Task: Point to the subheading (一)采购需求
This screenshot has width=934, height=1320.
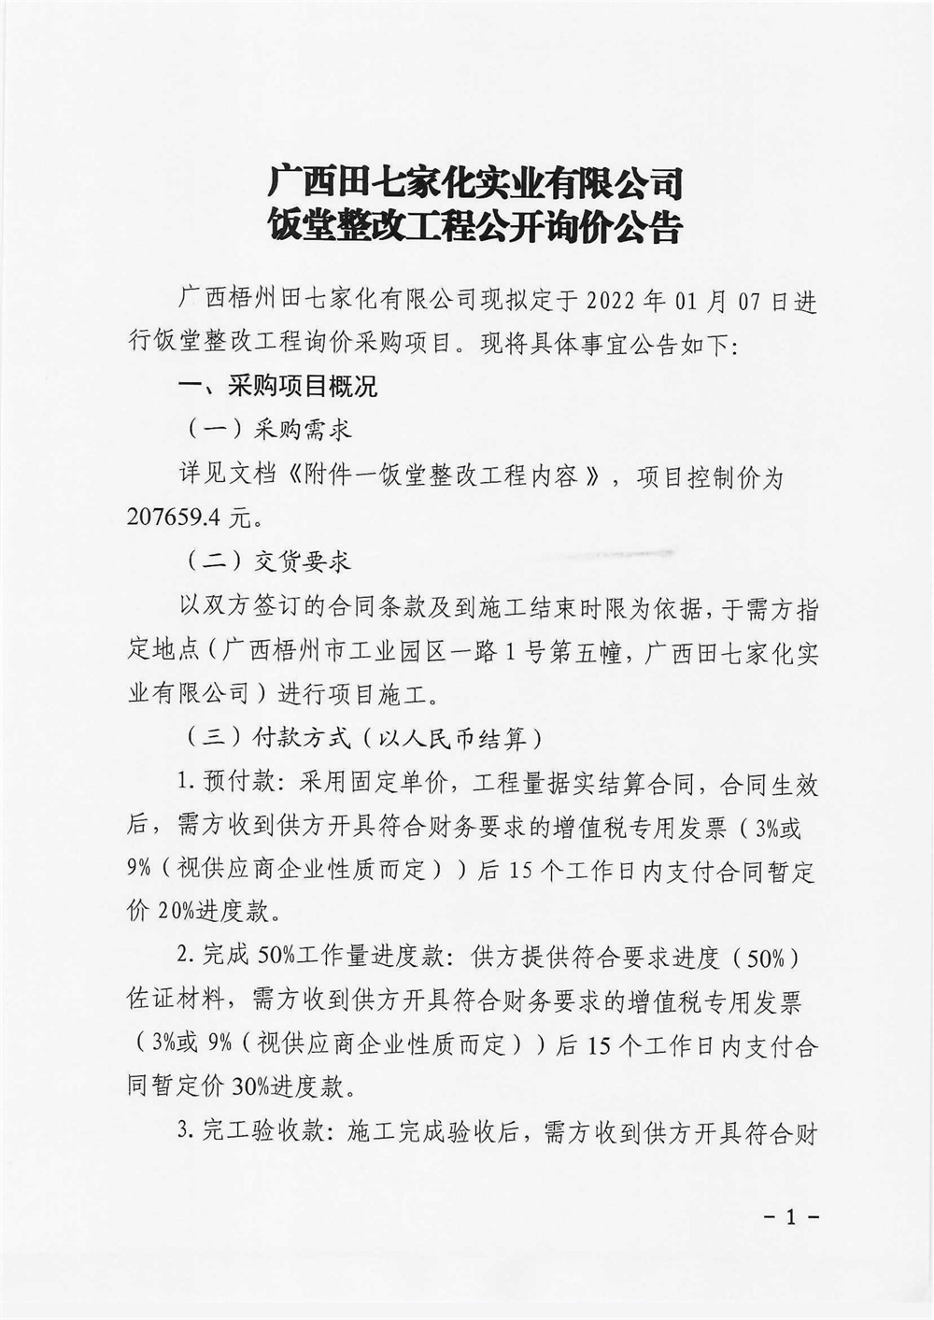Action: click(263, 430)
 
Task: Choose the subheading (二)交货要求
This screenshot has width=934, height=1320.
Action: click(263, 561)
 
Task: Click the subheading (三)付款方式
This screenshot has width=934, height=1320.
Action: click(263, 737)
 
